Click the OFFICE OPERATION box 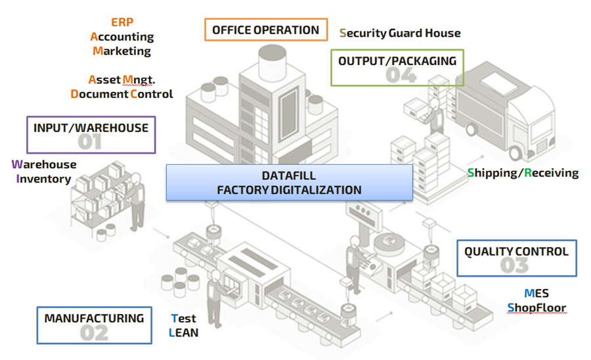tap(265, 30)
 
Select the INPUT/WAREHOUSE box tap(91, 135)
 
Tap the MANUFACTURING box tap(94, 325)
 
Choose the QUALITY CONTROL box tap(516, 258)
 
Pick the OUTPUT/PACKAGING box tap(397, 68)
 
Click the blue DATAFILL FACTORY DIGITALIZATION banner tap(289, 183)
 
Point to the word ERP tap(122, 22)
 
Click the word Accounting tap(122, 37)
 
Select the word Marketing tap(122, 51)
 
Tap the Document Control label tap(122, 94)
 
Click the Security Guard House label tap(400, 33)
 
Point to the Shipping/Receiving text tap(523, 173)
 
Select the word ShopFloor tap(536, 307)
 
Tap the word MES tap(536, 293)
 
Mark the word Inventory tap(43, 179)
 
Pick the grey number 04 tap(401, 75)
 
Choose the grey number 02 tap(94, 332)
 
